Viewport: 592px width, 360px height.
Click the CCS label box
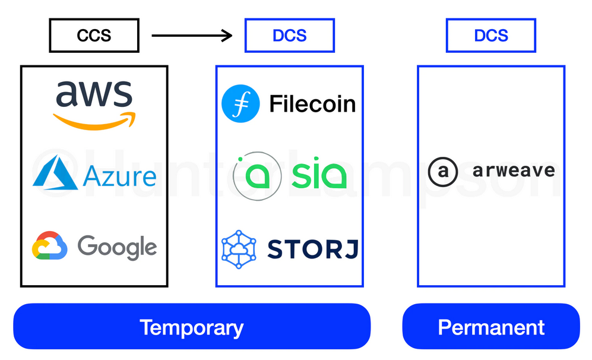coord(94,36)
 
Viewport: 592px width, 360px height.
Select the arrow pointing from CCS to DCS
coord(191,36)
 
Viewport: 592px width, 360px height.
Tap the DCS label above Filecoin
coord(289,36)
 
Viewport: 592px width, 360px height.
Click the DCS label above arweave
coord(490,36)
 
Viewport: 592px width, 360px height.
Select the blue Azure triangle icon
coord(55,173)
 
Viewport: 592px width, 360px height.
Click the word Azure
coord(120,176)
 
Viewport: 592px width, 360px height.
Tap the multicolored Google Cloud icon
coord(50,246)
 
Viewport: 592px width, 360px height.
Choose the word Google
coord(118,247)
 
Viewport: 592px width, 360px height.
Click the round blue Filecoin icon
coord(240,103)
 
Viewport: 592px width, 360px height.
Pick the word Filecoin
coord(312,104)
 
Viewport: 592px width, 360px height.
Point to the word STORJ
coord(312,249)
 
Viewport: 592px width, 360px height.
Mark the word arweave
coord(514,171)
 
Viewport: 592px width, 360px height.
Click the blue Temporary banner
coord(192,327)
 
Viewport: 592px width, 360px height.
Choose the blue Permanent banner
coord(490,327)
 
